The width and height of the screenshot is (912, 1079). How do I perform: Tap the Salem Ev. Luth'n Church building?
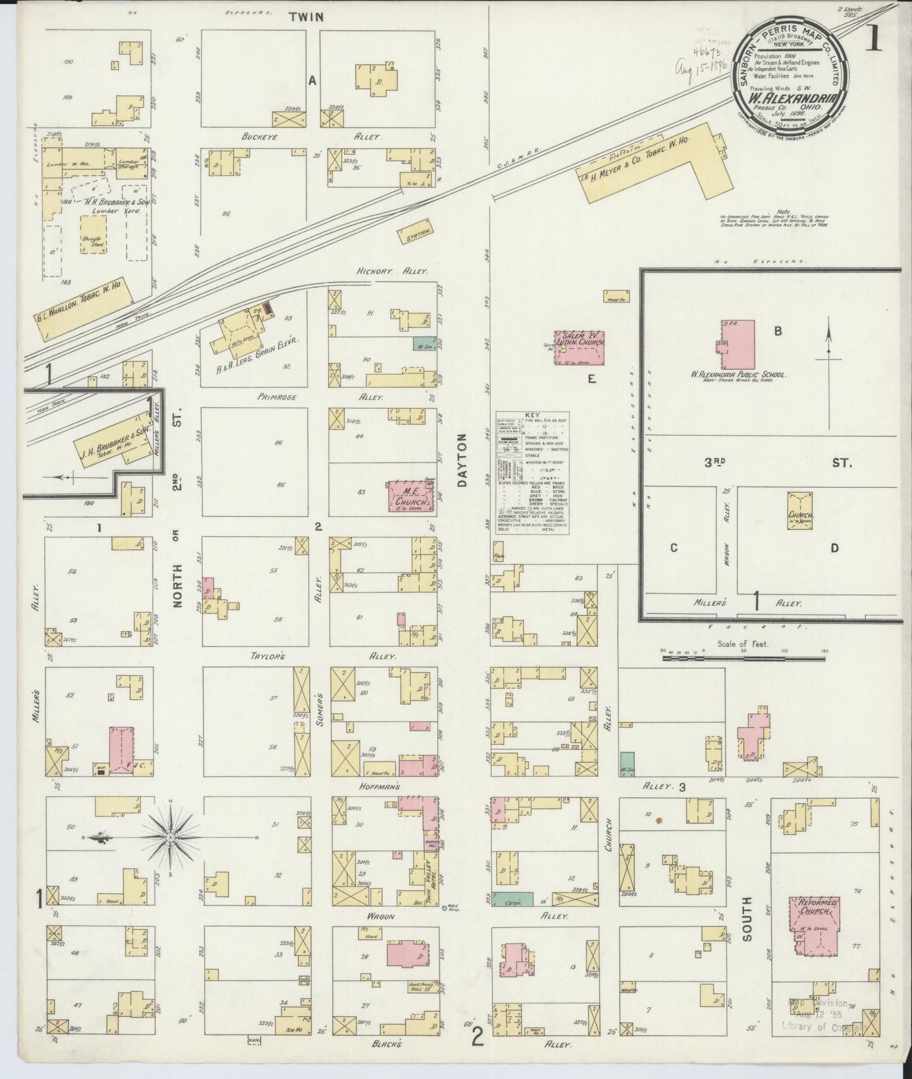tap(579, 347)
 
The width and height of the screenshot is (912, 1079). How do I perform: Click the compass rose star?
tap(170, 837)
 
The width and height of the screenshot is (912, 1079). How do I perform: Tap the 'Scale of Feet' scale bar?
tap(745, 657)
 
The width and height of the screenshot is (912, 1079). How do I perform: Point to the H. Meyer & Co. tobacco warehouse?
tap(650, 169)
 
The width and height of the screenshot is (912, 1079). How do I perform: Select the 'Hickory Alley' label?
tap(392, 271)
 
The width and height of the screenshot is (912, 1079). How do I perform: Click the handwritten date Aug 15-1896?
tap(701, 66)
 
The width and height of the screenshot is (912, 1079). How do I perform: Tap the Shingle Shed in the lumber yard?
tap(93, 236)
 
